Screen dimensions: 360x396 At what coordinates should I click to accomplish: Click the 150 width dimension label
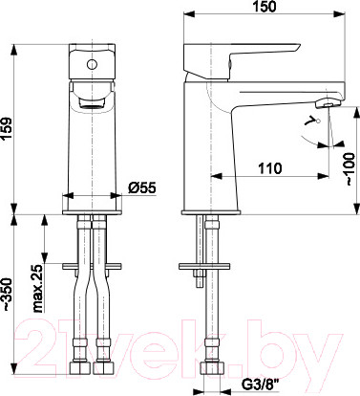click(x=265, y=7)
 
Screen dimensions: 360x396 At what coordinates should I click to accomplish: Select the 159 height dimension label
click(x=7, y=129)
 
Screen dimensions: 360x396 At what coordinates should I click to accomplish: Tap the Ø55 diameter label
click(x=142, y=187)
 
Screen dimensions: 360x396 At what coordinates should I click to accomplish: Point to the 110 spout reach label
click(x=269, y=168)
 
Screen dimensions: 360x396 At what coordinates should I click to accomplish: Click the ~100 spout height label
click(x=349, y=169)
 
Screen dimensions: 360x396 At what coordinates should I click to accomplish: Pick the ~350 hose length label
click(x=7, y=296)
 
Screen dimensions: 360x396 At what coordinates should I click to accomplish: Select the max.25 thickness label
click(x=37, y=289)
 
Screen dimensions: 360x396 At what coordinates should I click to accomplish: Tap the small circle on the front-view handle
click(x=92, y=64)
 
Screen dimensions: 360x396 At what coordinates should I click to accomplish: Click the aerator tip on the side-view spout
click(x=328, y=103)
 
